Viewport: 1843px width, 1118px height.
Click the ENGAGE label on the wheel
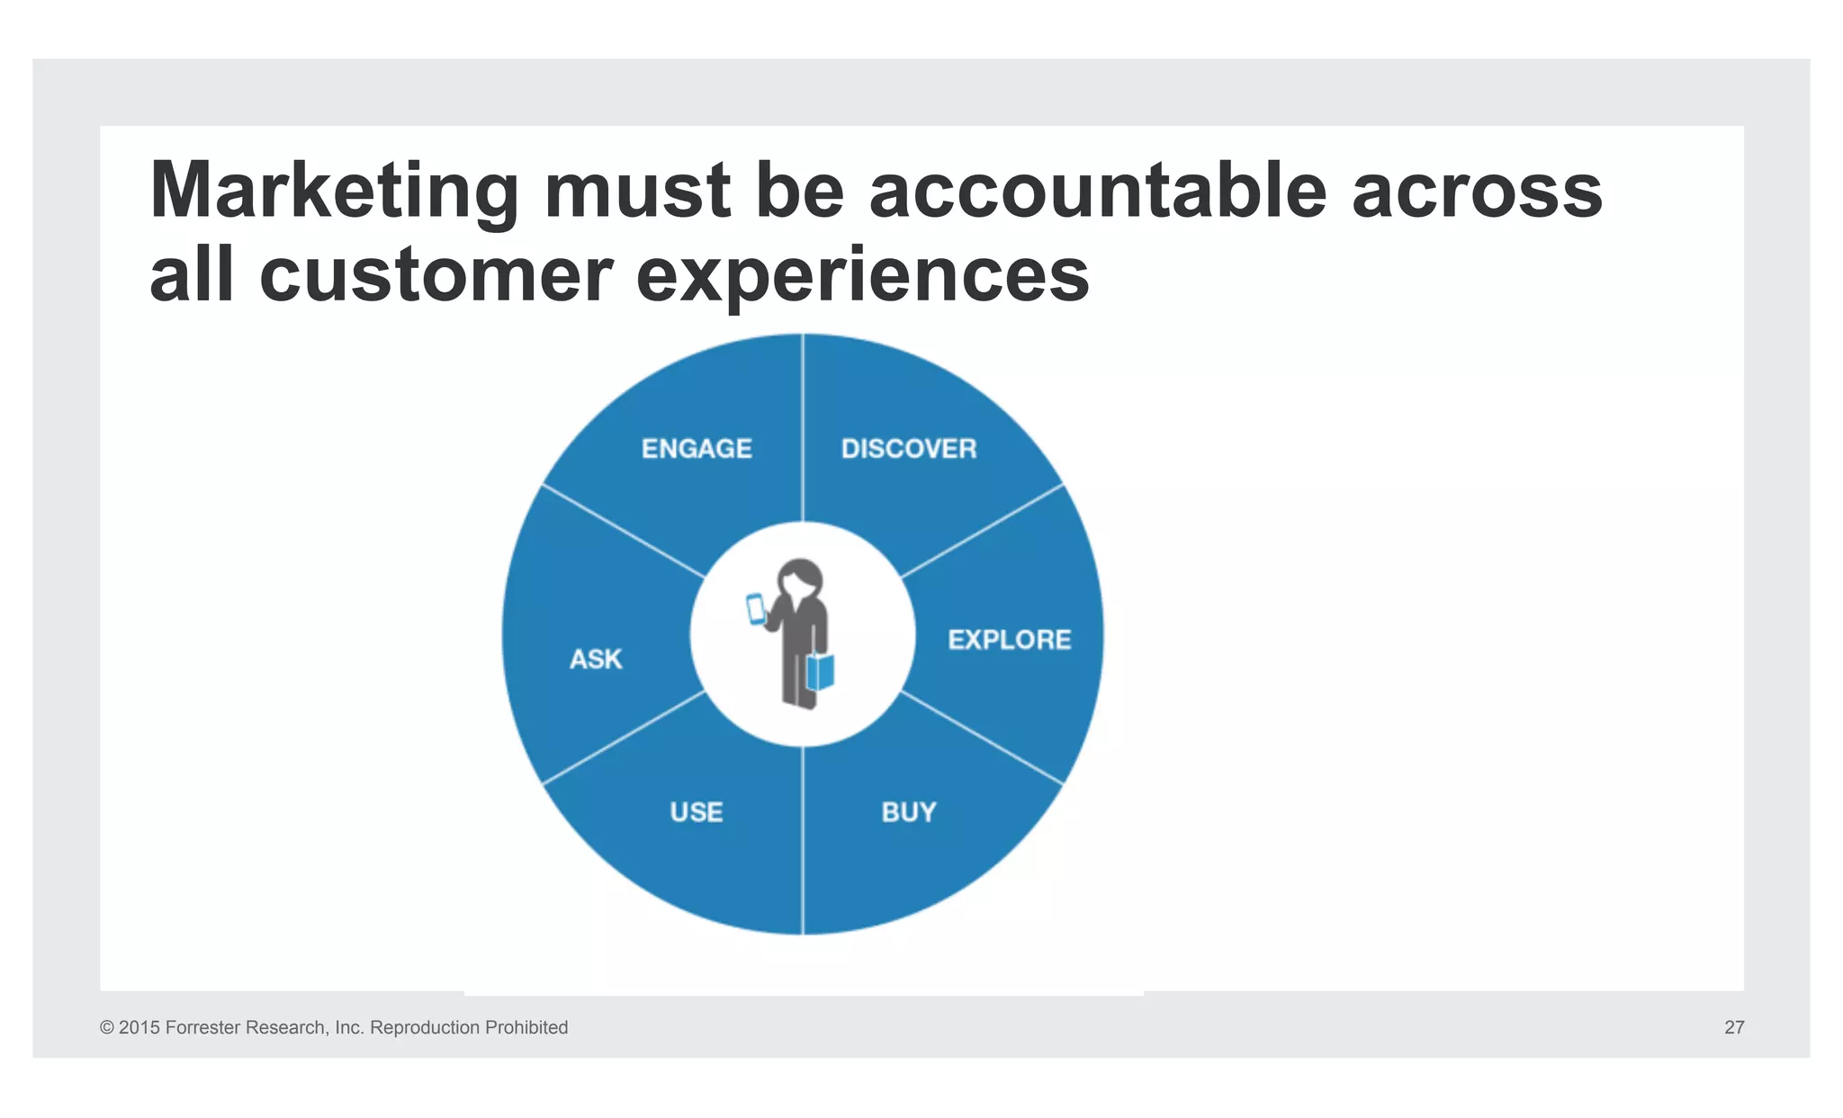(697, 448)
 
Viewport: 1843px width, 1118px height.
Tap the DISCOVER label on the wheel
(909, 448)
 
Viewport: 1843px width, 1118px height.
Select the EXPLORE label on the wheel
(1010, 639)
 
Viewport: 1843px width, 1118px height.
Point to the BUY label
(909, 812)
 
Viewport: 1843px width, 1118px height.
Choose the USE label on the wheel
(697, 812)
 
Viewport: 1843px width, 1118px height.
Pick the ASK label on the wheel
(596, 659)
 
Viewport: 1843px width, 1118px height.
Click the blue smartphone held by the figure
(756, 609)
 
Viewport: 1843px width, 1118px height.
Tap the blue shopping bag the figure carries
(821, 671)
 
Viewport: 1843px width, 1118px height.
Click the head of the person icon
(800, 579)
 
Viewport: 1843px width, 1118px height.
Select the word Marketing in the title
(334, 191)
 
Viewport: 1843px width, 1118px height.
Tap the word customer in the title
(436, 274)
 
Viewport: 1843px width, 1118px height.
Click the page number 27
(1734, 1027)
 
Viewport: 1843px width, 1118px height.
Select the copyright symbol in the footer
(107, 1027)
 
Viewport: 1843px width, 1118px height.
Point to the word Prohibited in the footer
(526, 1027)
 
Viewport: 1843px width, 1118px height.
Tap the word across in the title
(1477, 191)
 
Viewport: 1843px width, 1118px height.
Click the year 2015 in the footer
(139, 1027)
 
